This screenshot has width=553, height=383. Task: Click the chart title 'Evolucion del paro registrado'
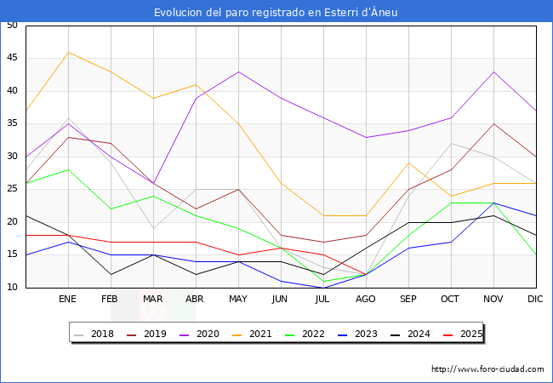click(276, 12)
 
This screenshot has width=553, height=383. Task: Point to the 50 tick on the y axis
click(12, 26)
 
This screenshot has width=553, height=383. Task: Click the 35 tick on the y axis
click(12, 123)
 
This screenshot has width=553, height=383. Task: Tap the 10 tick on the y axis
click(12, 288)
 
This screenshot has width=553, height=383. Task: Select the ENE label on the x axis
click(68, 300)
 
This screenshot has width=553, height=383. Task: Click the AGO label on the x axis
click(366, 300)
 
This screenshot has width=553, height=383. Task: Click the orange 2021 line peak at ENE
click(68, 52)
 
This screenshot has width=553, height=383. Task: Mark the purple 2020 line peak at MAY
click(238, 71)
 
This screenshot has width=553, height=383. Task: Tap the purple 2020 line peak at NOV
click(493, 71)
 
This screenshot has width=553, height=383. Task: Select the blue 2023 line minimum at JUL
click(323, 288)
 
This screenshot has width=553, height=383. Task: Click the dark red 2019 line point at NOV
click(493, 123)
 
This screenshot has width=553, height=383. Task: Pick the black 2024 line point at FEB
click(111, 274)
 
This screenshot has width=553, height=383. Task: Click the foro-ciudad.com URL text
click(487, 369)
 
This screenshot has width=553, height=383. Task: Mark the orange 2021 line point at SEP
click(408, 163)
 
